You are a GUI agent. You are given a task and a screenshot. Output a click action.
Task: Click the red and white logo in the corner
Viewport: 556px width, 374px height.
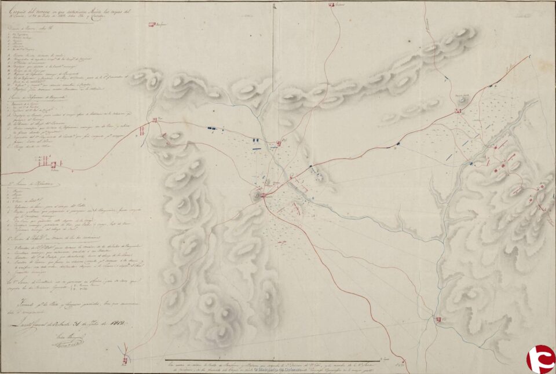click(x=540, y=359)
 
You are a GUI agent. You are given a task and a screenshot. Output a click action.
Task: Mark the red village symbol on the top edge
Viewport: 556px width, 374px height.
click(x=332, y=5)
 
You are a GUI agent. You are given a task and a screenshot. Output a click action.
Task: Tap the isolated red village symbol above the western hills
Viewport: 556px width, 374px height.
click(x=152, y=24)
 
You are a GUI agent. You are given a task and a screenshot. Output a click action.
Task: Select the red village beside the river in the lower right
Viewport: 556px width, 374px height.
click(x=438, y=318)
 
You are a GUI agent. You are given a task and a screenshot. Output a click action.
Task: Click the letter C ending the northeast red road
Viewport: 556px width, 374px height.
click(x=530, y=56)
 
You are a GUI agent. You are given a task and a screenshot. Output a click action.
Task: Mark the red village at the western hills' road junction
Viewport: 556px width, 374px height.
click(x=155, y=120)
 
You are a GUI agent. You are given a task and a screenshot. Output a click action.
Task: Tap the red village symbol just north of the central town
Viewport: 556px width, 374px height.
click(x=278, y=142)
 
